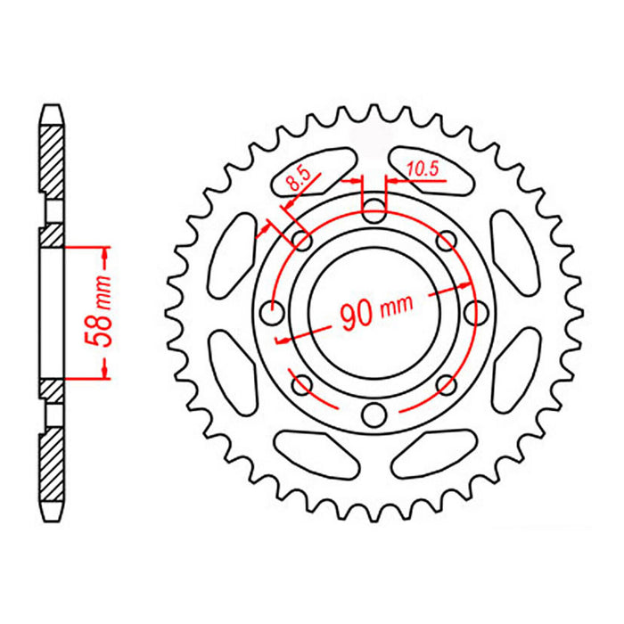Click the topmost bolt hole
pos(375,211)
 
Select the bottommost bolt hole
pos(375,414)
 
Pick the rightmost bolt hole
pos(477,313)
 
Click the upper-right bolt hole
pos(447,241)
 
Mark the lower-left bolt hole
pos(303,384)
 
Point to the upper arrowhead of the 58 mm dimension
pos(106,259)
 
